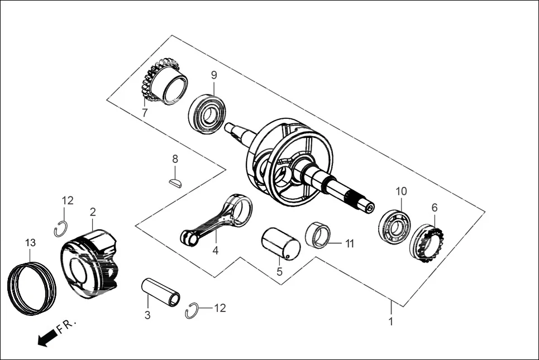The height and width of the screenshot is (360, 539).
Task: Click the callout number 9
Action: click(x=214, y=75)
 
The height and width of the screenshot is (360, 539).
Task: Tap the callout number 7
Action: click(x=145, y=113)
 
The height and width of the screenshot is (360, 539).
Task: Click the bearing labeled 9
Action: click(x=207, y=114)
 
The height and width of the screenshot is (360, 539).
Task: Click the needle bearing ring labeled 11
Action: click(x=320, y=234)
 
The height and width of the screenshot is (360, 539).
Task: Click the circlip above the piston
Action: click(x=61, y=228)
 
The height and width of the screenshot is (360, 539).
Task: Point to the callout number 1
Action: click(x=391, y=321)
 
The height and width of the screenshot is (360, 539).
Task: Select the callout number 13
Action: click(x=30, y=243)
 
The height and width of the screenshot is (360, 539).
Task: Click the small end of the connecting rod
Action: click(x=189, y=238)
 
